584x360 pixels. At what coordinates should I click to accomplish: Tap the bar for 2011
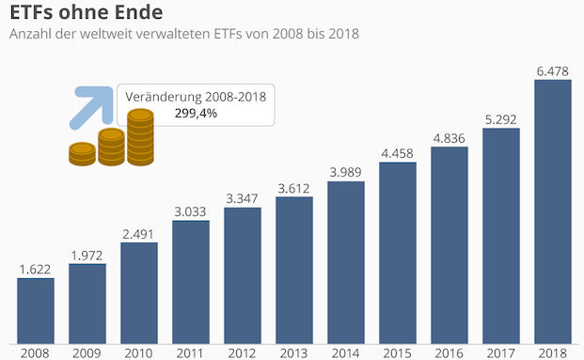point(191,282)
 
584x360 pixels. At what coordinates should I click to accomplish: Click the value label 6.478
point(552,70)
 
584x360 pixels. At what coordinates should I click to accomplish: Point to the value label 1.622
point(35,269)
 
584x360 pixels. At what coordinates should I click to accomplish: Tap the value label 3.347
point(243,198)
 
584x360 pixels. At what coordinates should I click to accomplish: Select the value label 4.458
point(398,153)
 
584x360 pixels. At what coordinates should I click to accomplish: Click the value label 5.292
point(500,118)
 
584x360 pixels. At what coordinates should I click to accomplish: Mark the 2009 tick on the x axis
point(87,352)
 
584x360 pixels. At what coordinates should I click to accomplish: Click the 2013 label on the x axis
point(294,352)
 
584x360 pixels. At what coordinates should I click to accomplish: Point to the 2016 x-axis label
point(450,352)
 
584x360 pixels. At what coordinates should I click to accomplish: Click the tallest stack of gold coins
point(140,137)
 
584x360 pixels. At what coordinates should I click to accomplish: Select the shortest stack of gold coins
point(82,154)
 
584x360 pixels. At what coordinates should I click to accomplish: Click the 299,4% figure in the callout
point(197,114)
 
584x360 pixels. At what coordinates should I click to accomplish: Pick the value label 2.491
point(139,233)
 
